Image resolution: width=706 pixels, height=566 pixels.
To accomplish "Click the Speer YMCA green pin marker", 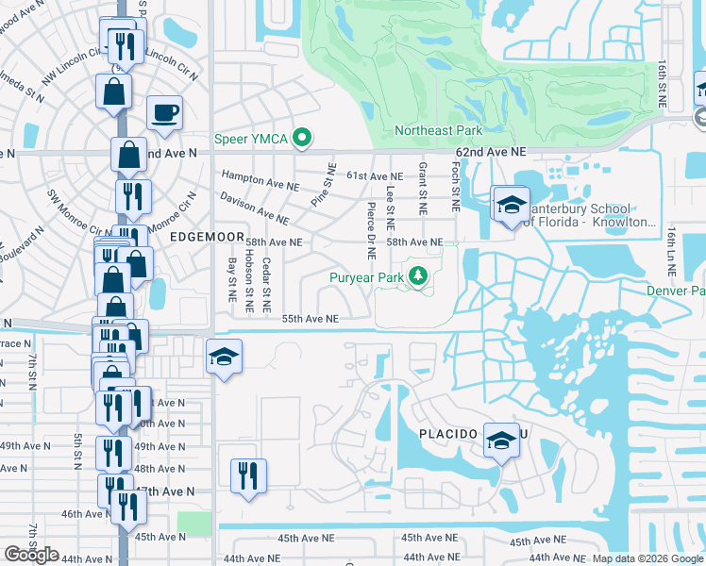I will click(x=302, y=140).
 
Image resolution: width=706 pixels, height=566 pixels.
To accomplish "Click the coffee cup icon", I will click(x=164, y=113).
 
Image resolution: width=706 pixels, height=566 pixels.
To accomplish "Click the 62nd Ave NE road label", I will click(x=490, y=151).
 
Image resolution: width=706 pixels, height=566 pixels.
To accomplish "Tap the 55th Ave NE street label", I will click(x=310, y=319).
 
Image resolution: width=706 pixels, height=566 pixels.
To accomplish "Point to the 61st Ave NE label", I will click(x=375, y=176).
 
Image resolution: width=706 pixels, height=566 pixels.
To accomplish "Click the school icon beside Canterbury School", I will click(x=511, y=204).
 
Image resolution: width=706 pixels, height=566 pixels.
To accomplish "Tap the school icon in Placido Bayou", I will click(x=500, y=440).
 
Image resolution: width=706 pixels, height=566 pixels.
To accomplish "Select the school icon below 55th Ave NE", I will click(x=224, y=357).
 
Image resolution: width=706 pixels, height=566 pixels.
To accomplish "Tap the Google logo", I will click(x=31, y=555).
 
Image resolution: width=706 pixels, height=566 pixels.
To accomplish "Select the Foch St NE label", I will click(x=455, y=186).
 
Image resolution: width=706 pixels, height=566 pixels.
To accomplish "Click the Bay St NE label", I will click(x=231, y=281).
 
